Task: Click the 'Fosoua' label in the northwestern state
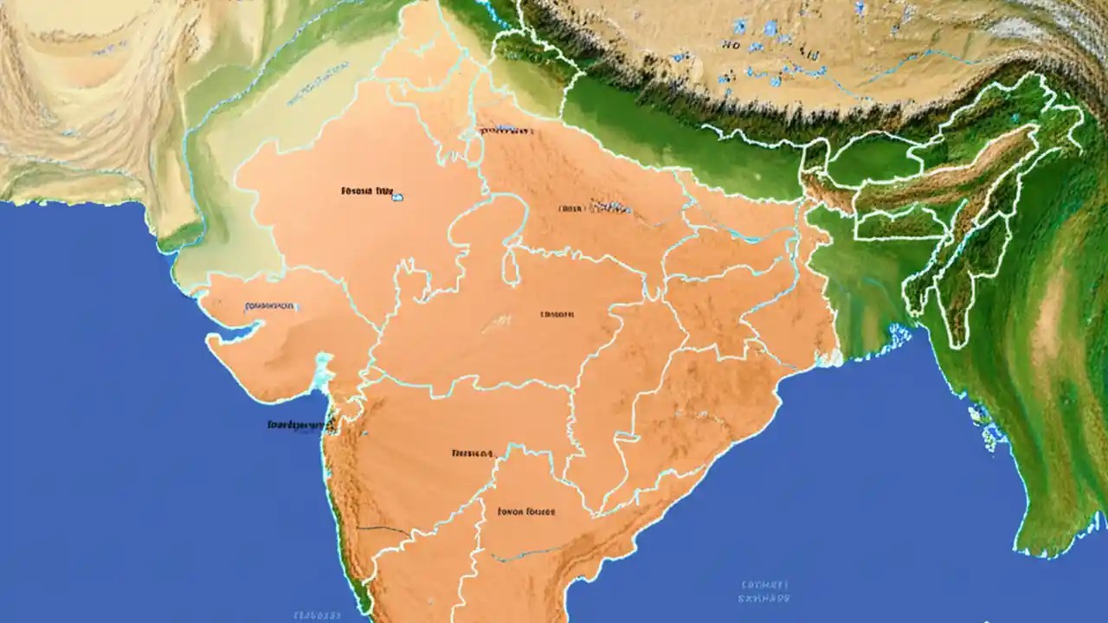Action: coord(356,189)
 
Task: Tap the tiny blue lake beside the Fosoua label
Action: coord(397,197)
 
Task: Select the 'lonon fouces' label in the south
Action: coord(525,511)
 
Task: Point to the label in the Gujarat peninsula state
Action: coord(269,306)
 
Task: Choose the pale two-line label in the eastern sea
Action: coord(764,590)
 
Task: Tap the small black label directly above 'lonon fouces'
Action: coord(472,453)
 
